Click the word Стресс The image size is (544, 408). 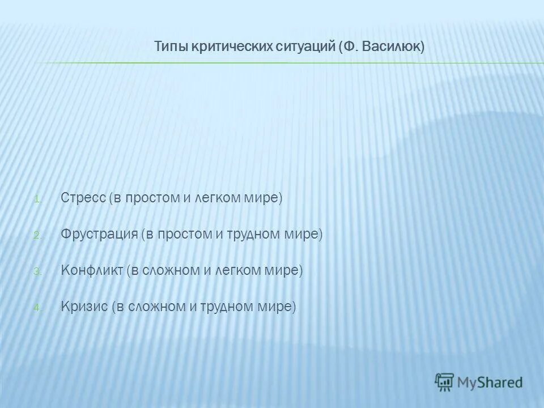click(x=83, y=198)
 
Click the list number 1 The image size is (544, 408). click(x=37, y=199)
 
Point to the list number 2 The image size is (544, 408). click(x=37, y=236)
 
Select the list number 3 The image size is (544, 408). click(x=37, y=272)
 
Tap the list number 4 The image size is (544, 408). click(x=37, y=308)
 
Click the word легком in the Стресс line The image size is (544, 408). click(x=218, y=198)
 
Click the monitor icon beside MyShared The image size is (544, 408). click(x=445, y=381)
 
